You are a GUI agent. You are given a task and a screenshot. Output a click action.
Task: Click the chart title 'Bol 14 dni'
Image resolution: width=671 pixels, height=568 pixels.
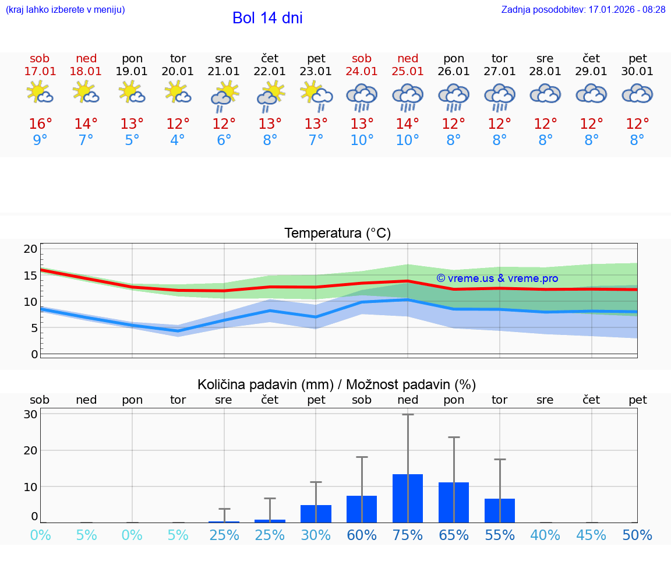coord(267,18)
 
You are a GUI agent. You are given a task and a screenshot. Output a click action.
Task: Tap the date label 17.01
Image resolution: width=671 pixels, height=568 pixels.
coord(40,72)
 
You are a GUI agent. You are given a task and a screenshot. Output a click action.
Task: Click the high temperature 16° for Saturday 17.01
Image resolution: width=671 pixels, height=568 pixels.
coord(40,124)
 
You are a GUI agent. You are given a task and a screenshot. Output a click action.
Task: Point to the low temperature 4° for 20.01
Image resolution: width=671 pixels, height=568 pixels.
coord(178,140)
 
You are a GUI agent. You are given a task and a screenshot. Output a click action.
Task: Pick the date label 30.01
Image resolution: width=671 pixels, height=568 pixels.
coord(638,72)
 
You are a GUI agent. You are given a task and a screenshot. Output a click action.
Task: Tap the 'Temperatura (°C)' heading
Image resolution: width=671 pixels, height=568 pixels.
coord(337,234)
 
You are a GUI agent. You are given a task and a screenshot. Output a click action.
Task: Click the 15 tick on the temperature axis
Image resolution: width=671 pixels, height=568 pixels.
coord(30,275)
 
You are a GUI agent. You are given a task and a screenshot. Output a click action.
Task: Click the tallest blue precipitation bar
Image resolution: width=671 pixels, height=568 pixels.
coord(408,498)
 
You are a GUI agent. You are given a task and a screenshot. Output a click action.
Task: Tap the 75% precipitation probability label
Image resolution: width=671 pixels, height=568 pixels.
coord(408,535)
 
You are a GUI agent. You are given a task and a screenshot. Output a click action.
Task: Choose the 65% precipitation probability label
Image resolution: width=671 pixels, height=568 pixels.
coord(454,535)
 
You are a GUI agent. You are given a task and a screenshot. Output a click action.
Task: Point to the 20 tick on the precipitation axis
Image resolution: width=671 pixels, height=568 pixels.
coord(30,450)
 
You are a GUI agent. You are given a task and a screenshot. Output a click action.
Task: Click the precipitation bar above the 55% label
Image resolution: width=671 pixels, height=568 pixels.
coord(500,510)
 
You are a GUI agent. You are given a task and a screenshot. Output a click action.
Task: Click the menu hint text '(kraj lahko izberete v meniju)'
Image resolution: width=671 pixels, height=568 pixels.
coord(65,10)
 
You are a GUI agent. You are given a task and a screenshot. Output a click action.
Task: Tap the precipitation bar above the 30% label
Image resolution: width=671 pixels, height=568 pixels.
coord(316,513)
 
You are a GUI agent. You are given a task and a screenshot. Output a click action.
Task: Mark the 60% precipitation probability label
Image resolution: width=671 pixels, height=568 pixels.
coord(362,535)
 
